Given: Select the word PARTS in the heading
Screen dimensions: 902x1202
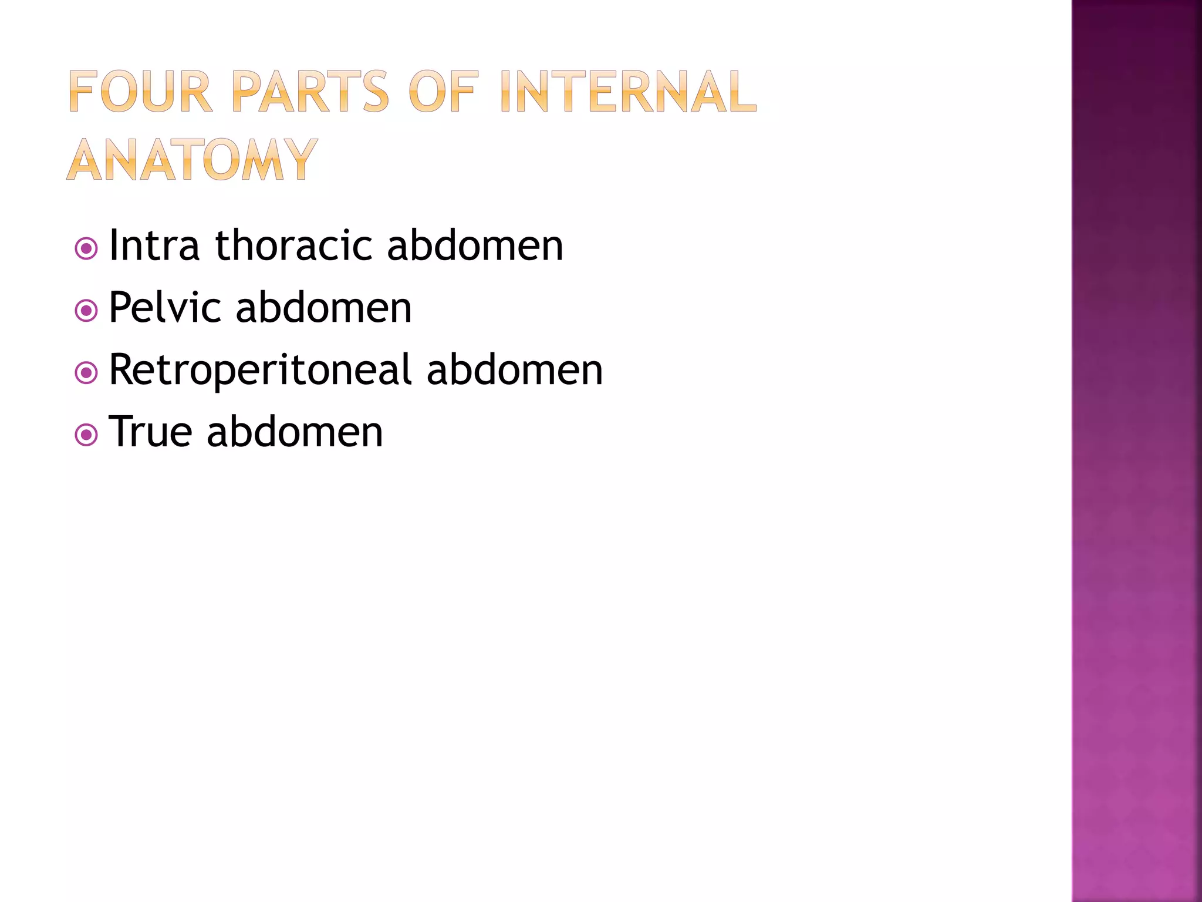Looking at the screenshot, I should [310, 92].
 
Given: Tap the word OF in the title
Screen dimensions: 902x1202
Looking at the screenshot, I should [444, 92].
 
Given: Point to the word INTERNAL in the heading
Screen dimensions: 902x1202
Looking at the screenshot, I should [629, 92].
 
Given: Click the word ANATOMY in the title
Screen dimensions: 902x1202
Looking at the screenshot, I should [193, 160].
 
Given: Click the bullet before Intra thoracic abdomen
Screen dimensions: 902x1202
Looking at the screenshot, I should [86, 248].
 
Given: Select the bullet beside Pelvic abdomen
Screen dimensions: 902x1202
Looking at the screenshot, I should [86, 311].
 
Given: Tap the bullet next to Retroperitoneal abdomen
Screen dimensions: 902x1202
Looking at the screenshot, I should [86, 372].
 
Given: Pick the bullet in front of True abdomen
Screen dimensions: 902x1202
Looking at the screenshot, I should [86, 435].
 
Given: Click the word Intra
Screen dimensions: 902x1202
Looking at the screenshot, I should [154, 245].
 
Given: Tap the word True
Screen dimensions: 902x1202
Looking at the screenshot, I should [150, 432].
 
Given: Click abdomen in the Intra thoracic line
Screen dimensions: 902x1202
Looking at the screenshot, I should [475, 245].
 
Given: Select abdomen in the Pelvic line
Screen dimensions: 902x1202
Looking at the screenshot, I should [323, 308].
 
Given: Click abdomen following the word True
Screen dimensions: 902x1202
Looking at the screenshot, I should [295, 432].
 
